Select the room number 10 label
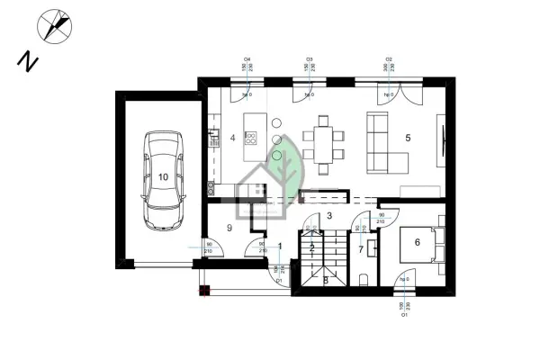tap(163, 177)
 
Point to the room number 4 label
tap(232, 138)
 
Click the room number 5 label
tap(408, 138)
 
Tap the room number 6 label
tap(417, 240)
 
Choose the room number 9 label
tap(230, 229)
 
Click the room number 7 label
tap(362, 248)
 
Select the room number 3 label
tap(329, 216)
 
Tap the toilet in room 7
tap(363, 278)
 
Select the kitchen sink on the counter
tap(214, 138)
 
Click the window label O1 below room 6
tap(405, 315)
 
